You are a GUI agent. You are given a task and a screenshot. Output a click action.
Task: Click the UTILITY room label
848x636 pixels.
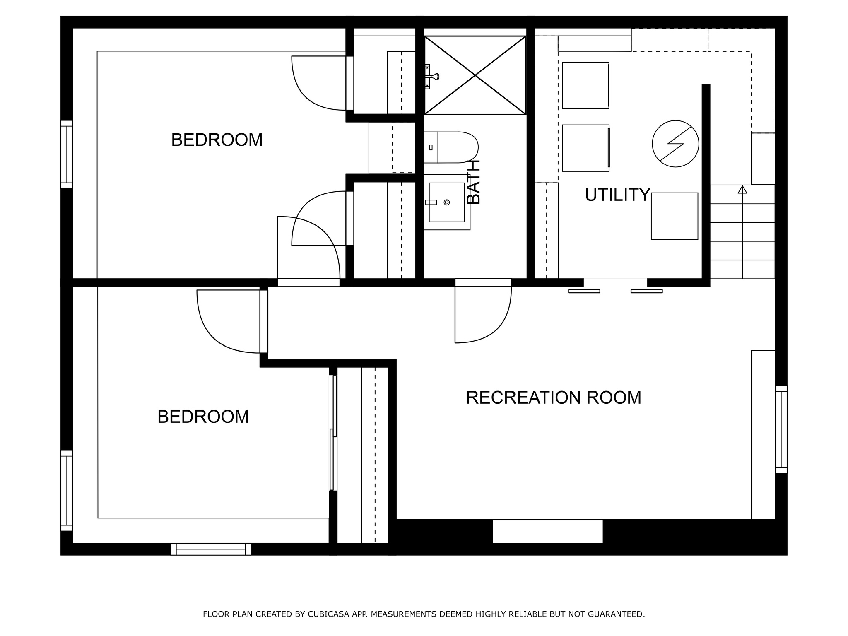[x=617, y=195]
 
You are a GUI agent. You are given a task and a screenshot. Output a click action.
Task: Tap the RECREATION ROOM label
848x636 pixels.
[x=553, y=397]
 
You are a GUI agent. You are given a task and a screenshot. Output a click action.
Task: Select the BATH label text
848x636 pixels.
[x=474, y=182]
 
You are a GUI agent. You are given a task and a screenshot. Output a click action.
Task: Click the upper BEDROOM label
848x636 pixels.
[x=217, y=140]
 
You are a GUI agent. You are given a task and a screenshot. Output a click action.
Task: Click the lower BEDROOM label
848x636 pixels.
[x=203, y=417]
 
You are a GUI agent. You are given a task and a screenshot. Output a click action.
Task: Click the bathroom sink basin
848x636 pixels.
[x=446, y=202]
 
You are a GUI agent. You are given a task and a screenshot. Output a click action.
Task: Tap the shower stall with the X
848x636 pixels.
[x=475, y=75]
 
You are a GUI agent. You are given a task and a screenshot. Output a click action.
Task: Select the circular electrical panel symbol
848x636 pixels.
[x=675, y=144]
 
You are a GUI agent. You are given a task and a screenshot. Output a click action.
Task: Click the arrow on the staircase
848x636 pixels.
[x=742, y=190]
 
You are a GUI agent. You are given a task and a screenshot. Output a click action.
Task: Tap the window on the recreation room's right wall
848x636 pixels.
[x=781, y=429]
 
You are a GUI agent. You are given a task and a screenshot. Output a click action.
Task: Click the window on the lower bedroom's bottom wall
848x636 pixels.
[x=211, y=549]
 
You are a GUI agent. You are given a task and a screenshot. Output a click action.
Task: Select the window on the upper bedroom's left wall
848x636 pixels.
[x=67, y=154]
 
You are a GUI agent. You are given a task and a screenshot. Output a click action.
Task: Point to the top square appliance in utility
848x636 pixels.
[x=585, y=85]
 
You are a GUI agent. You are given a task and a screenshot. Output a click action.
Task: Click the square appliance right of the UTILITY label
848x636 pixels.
[x=674, y=216]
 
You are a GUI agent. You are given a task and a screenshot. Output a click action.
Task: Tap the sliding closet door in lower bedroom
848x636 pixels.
[x=333, y=433]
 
